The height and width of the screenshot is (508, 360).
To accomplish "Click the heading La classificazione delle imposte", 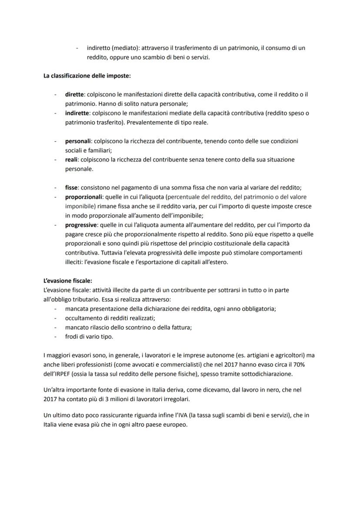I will [x=87, y=76].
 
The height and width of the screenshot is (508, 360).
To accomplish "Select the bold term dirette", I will [x=75, y=94].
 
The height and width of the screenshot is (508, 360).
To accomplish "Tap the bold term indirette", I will [x=77, y=113].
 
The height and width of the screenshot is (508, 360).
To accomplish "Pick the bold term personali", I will [x=77, y=141].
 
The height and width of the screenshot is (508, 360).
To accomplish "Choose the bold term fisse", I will [x=72, y=188].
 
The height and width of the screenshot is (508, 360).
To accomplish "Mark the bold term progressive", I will [x=80, y=225].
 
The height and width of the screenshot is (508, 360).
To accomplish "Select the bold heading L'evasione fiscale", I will [x=67, y=281].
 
